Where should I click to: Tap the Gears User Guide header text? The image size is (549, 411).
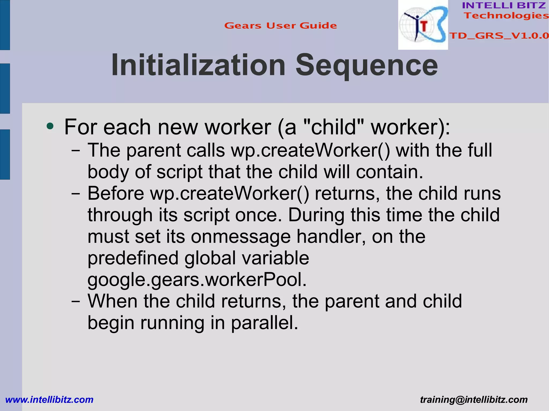coord(280,25)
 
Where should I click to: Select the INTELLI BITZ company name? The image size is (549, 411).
coord(504,5)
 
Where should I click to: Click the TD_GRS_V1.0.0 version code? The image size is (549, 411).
coord(499,35)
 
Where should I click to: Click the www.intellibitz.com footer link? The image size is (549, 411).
coord(49,399)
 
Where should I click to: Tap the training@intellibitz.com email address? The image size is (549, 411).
coord(474,399)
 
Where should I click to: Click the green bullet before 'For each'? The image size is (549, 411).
coord(50,126)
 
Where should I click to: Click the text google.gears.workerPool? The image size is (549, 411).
coord(197,280)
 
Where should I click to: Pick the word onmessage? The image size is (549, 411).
coord(241,236)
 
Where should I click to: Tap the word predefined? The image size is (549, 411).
coord(133,258)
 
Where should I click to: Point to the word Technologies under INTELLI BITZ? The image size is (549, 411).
coord(506,16)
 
